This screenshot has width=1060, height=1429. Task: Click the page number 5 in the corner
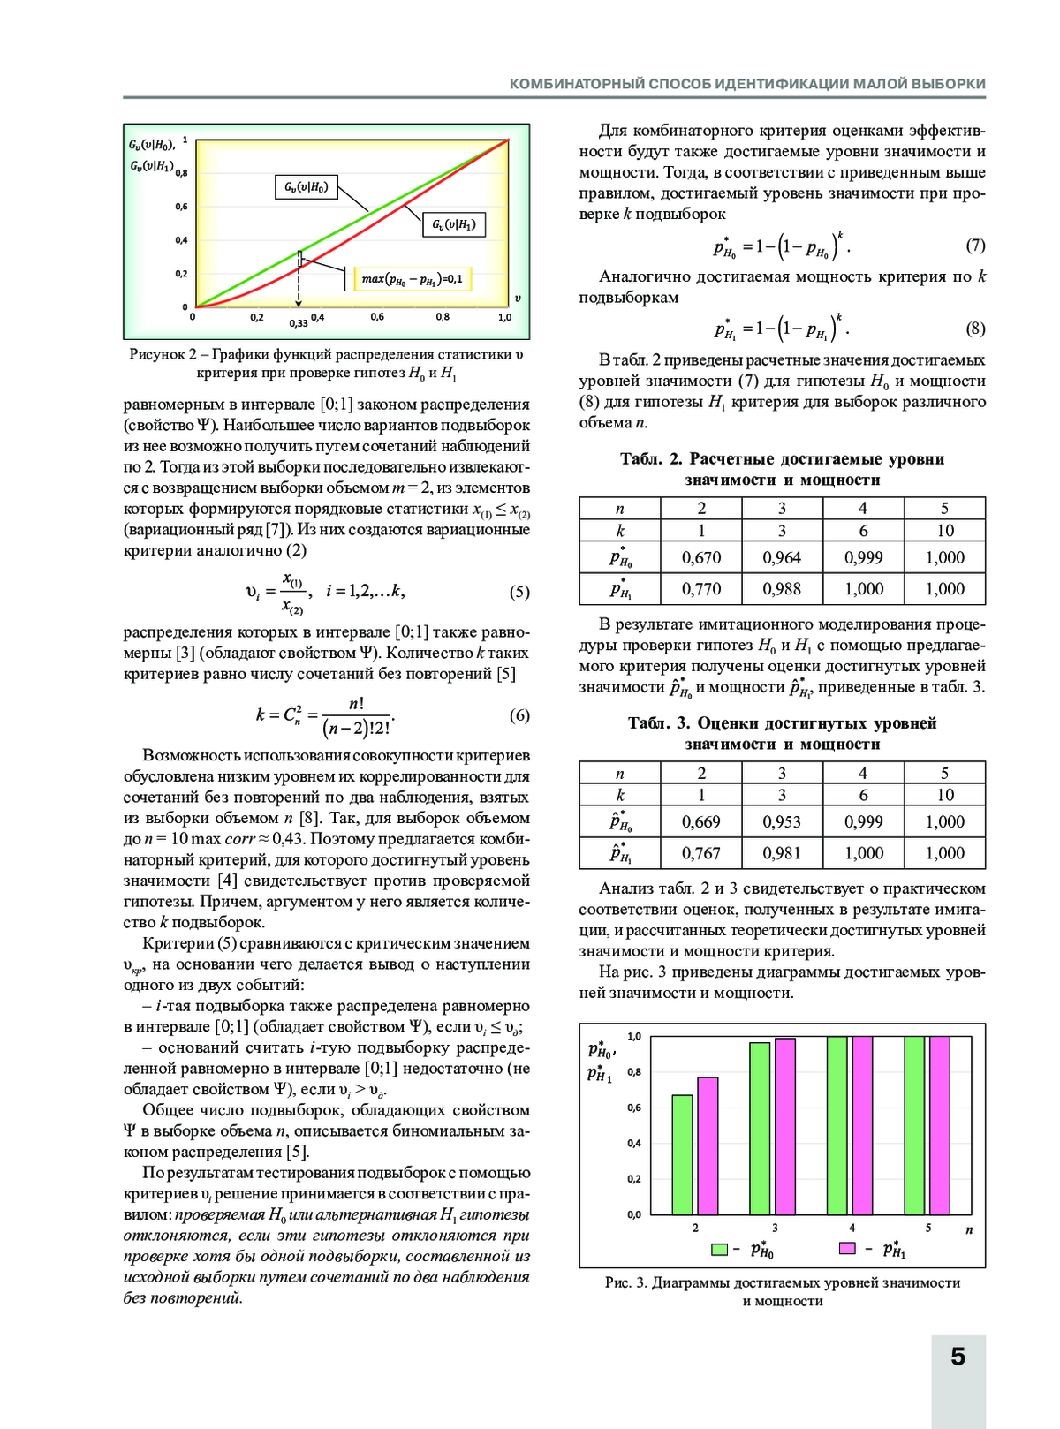958,1357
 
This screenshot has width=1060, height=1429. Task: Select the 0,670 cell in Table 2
701,558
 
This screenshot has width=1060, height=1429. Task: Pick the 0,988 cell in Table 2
782,589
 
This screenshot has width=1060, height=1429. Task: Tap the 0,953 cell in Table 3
782,822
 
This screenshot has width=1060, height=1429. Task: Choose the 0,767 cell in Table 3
701,853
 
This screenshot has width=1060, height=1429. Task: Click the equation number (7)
975,246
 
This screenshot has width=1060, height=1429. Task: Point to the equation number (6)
519,715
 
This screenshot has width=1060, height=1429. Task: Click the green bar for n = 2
682,1154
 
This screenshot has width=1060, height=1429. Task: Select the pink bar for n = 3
784,1126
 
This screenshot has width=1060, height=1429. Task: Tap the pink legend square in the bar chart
847,1249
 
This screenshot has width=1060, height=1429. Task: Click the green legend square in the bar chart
720,1249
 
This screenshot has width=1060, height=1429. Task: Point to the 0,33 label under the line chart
299,323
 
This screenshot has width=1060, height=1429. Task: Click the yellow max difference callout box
412,279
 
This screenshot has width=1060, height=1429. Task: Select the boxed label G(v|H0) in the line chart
306,187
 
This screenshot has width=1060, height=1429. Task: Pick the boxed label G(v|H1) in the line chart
454,224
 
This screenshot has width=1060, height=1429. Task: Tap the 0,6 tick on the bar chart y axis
634,1108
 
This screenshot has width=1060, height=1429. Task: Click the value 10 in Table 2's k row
944,531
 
